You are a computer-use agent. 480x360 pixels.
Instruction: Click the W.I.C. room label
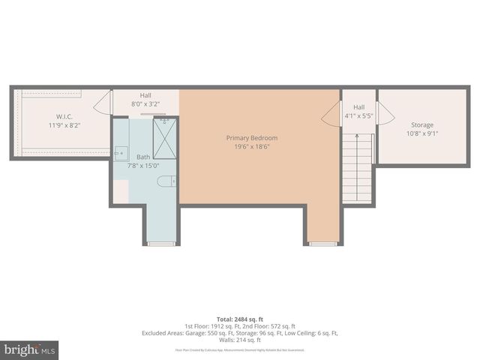point(63,116)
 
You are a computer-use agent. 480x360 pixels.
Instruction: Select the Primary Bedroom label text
point(252,138)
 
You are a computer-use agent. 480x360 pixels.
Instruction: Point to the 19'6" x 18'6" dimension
point(252,147)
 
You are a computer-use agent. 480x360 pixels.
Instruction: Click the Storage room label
point(421,124)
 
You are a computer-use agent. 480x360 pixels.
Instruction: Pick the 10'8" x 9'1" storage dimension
point(421,134)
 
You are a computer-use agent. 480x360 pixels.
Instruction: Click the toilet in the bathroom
point(167,181)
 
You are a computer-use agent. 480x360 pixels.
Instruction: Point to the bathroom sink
point(121,153)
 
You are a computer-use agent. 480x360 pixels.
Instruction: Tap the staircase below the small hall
point(358,168)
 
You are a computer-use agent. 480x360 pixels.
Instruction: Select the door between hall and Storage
point(383,114)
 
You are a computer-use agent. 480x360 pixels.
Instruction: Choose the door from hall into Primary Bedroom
point(331,115)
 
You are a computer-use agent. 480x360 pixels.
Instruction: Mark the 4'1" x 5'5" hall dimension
point(358,116)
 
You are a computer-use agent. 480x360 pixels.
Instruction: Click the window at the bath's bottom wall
point(161,244)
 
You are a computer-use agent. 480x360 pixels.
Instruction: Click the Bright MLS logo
point(30,349)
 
